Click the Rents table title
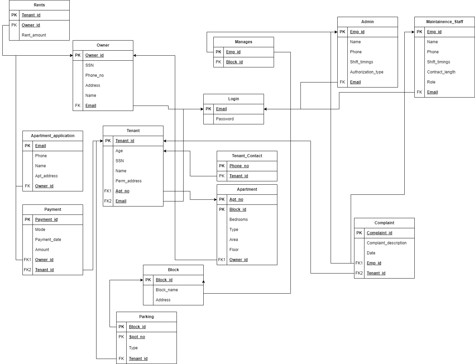pos(39,5)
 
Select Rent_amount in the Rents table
pos(34,35)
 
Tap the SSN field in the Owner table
pos(89,65)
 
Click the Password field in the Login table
pos(225,119)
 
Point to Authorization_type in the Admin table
pos(366,72)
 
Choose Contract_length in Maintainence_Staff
pos(441,72)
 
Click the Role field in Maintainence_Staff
pos(431,82)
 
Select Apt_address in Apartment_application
pos(46,176)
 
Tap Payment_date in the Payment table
pos(48,240)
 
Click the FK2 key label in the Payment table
pos(27,270)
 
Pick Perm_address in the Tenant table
pos(128,181)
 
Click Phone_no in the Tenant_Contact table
pos(239,166)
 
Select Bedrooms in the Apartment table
pos(239,220)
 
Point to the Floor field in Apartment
pos(234,250)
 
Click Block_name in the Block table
pos(166,290)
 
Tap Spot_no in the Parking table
pos(137,337)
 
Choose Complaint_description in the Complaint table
pos(387,243)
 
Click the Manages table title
pos(244,42)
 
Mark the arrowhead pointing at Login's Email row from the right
pos(266,109)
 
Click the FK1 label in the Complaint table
pos(359,263)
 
